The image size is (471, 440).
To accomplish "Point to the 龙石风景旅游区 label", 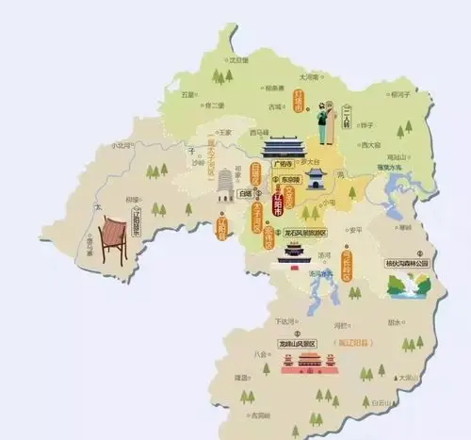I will (300, 232).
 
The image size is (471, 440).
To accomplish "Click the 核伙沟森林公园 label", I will (406, 264).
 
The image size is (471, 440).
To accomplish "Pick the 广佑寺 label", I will (280, 162).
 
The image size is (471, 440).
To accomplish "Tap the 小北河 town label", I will (122, 145).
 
